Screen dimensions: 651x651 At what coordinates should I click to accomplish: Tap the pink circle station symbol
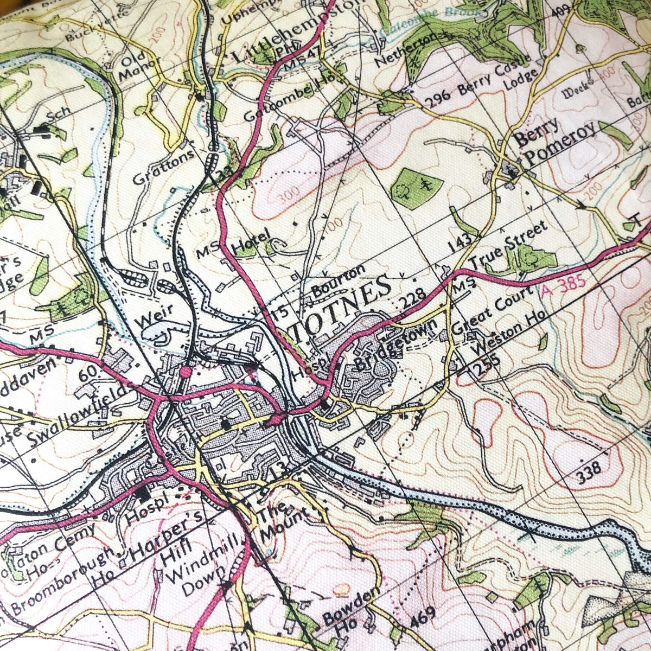186,372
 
